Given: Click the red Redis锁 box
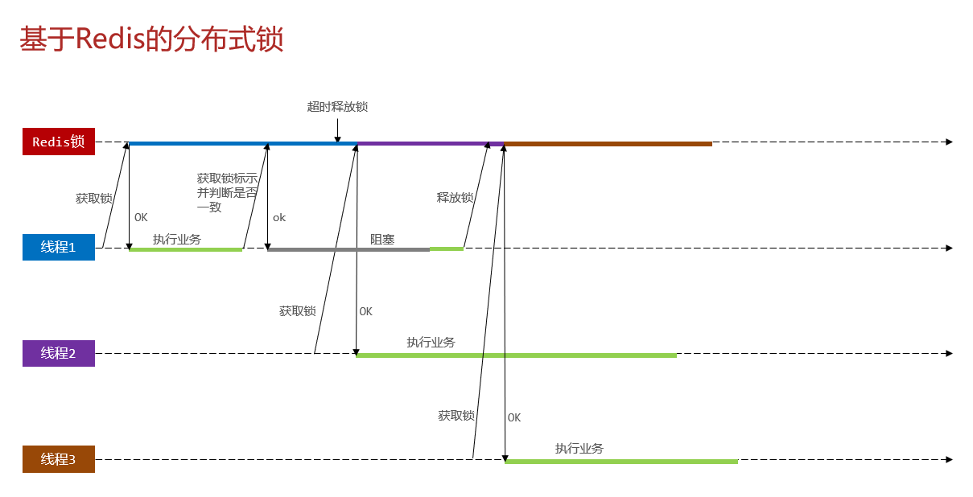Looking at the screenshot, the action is coord(59,142).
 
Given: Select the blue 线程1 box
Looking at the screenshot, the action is coord(59,247).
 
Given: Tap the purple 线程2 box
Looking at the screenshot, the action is coord(59,353).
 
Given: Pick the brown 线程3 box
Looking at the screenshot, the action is coord(59,459).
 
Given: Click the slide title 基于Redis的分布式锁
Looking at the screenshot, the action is coord(151,39).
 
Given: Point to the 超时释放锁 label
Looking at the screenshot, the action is coord(337,107).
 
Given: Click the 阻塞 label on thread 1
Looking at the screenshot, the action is coord(382,239).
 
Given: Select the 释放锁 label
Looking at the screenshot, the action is coord(455,197).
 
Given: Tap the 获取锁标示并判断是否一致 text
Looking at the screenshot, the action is coord(227,192).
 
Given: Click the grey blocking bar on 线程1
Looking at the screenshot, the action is coord(348,249).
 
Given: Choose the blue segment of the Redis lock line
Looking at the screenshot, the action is coord(241,144).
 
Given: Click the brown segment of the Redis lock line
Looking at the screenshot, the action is coord(608,144).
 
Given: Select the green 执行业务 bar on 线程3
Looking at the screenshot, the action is coord(620,462).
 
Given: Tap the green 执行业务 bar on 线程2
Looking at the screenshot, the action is coord(516,355).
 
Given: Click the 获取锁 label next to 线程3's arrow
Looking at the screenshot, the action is coord(456,416).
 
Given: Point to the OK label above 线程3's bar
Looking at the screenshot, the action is coord(514,417).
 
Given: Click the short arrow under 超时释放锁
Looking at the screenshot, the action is coord(337,126).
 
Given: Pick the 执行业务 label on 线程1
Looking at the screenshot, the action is coord(177,239).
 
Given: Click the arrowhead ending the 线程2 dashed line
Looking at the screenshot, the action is coord(949,353).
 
